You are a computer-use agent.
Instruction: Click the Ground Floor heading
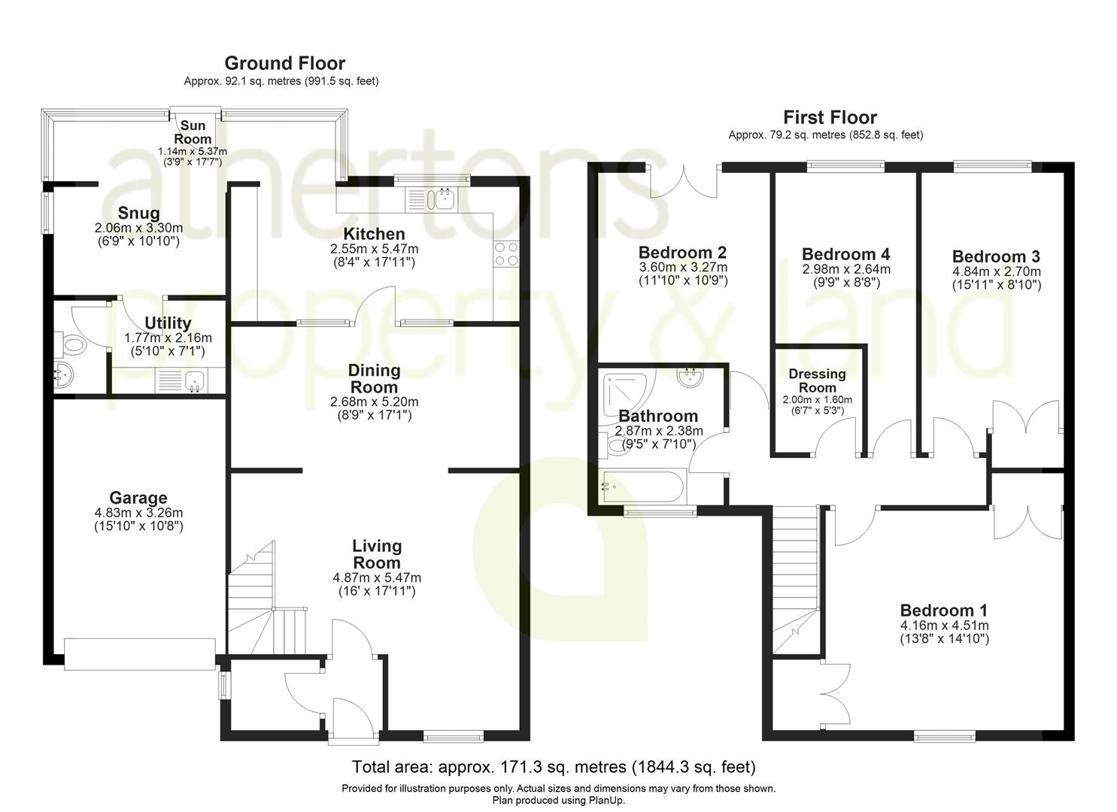pos(284,63)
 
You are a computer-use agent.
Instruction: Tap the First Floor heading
pos(830,117)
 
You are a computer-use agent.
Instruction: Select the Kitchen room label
pos(374,234)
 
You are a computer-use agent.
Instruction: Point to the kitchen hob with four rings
pos(505,253)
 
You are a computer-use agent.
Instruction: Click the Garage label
pos(138,498)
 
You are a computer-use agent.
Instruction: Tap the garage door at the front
pos(140,653)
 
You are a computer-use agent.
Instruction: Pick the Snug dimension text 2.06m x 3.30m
pos(138,228)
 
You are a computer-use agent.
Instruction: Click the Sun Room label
pos(193,132)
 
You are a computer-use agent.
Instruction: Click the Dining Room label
pos(374,378)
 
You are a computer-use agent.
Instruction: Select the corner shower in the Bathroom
pos(626,392)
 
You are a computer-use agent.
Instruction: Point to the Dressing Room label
pos(817,380)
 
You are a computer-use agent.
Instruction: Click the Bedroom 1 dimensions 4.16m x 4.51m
pos(944,626)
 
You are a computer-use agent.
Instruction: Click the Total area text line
pos(554,767)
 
